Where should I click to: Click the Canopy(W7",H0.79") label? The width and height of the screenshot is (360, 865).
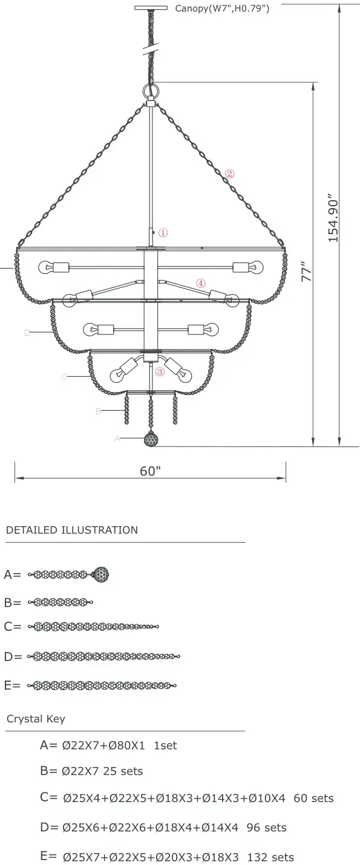click(222, 8)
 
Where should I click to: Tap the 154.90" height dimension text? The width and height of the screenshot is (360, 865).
click(333, 218)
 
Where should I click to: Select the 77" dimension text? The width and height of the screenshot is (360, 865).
click(307, 271)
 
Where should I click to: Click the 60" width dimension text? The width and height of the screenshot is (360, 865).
click(150, 471)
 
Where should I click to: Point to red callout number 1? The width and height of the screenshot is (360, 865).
click(163, 232)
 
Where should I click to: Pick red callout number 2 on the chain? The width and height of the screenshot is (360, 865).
click(229, 174)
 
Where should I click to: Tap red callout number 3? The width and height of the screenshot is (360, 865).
click(160, 372)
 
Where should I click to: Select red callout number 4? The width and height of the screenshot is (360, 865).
click(201, 282)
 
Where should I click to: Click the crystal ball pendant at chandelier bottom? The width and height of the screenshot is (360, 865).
click(151, 439)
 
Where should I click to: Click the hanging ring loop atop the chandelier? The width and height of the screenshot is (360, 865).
click(150, 91)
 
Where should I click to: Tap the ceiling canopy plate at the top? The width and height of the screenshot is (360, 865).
click(151, 8)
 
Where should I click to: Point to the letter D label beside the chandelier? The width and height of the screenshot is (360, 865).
click(27, 332)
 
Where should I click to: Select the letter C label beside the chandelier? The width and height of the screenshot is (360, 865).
click(64, 377)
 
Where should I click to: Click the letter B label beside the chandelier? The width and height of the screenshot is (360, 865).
click(98, 411)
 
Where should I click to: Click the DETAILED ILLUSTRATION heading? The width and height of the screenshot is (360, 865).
click(72, 530)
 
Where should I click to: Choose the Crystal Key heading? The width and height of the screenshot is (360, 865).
click(36, 719)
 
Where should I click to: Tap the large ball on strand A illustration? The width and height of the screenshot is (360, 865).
click(102, 574)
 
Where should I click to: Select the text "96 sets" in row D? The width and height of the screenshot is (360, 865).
click(267, 827)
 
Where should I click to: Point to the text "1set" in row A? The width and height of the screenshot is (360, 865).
click(166, 746)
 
